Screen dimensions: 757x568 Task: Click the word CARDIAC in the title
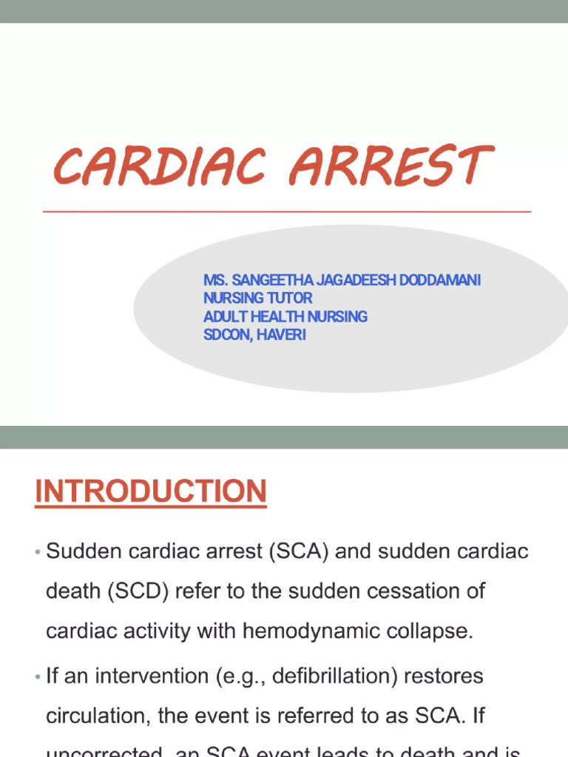[x=159, y=166]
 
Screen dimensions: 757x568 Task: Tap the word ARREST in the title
[x=390, y=166]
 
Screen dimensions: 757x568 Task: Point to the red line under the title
[x=287, y=211]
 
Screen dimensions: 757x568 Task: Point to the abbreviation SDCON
[x=227, y=335]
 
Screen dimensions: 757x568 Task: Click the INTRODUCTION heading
[x=151, y=492]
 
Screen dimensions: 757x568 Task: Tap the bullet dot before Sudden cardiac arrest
[x=37, y=553]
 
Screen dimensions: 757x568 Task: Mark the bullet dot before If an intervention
[x=37, y=677]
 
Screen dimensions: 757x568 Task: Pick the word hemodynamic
[x=297, y=632]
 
